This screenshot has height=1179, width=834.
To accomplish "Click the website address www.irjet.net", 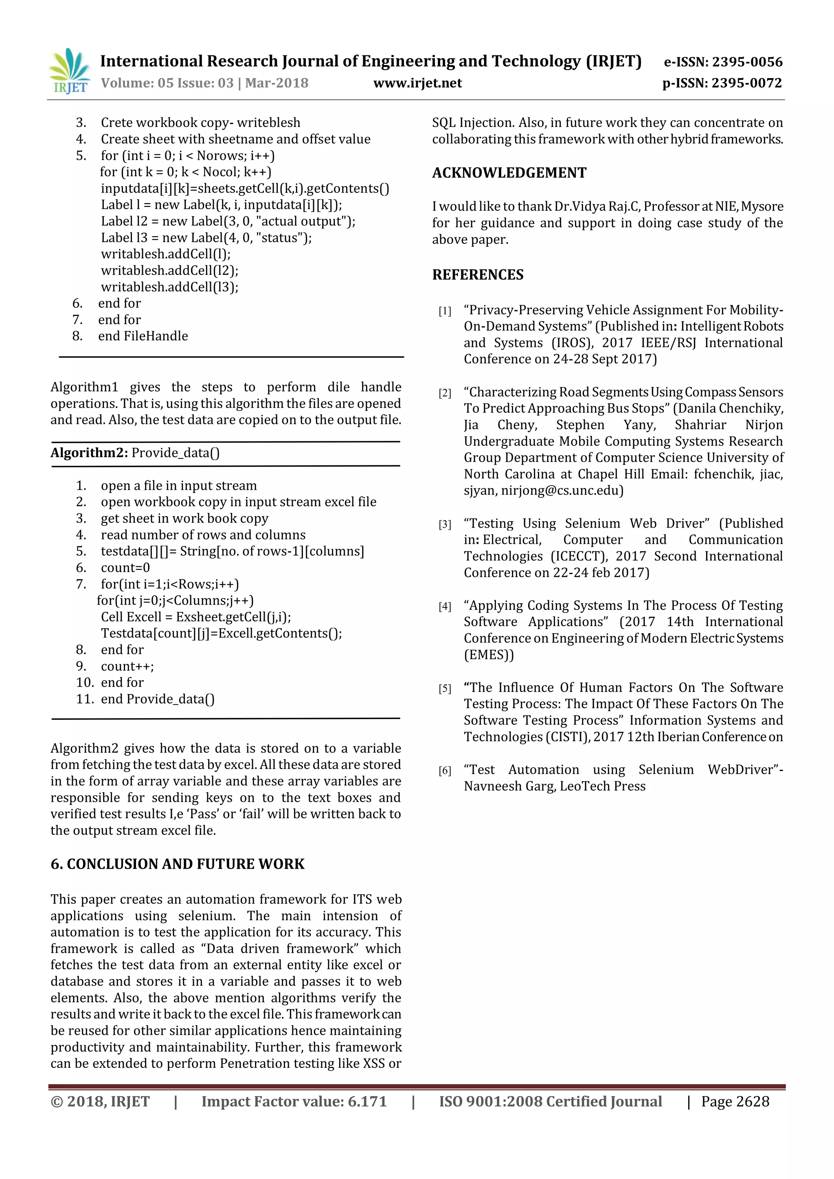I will click(x=417, y=83).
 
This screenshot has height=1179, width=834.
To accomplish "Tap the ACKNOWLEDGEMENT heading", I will click(x=509, y=173).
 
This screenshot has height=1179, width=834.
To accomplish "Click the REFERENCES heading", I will click(x=478, y=275).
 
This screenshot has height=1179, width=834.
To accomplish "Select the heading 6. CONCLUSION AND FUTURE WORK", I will click(x=177, y=864).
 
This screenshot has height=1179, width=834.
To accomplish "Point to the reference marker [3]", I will click(x=445, y=525).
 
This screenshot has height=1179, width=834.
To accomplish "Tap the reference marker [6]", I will click(x=445, y=771).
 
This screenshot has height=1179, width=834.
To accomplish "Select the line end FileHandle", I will click(x=143, y=336).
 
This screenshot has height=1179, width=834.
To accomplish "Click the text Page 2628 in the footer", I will click(x=735, y=1102).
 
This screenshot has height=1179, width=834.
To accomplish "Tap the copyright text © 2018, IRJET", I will click(x=100, y=1102).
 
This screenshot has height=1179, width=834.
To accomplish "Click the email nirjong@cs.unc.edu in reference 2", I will click(x=562, y=491).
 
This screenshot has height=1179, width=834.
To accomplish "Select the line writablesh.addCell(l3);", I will click(x=169, y=287).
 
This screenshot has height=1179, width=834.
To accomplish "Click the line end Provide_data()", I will click(x=157, y=699).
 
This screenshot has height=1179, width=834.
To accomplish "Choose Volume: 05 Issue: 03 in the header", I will click(x=167, y=83).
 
